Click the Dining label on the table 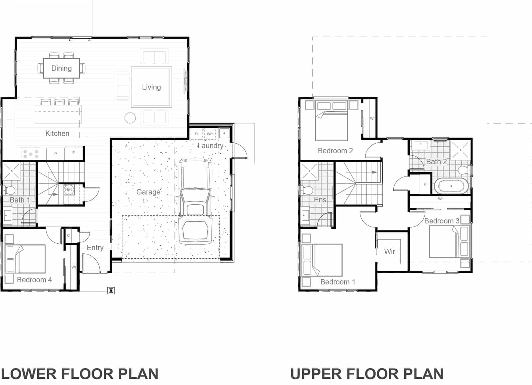62,68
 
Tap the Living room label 151,87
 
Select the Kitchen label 57,133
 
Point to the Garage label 148,192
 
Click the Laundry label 210,146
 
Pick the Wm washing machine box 210,134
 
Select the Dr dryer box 197,134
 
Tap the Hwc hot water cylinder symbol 69,190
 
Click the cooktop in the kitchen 31,154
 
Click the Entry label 95,247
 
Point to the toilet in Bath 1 9,191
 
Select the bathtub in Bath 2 451,186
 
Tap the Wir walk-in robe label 389,251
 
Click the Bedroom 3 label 442,221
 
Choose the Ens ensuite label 320,199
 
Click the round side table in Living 130,118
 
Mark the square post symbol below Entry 111,291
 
